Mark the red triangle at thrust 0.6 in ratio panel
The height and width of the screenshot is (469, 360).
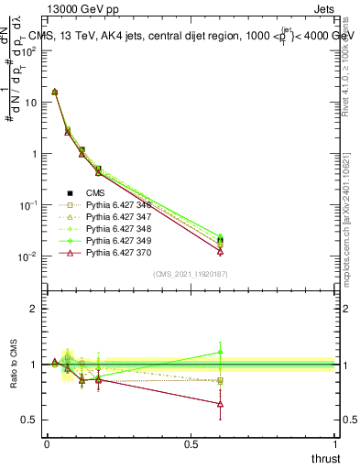(x=220, y=403)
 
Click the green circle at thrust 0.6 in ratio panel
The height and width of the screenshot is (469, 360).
(x=220, y=352)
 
